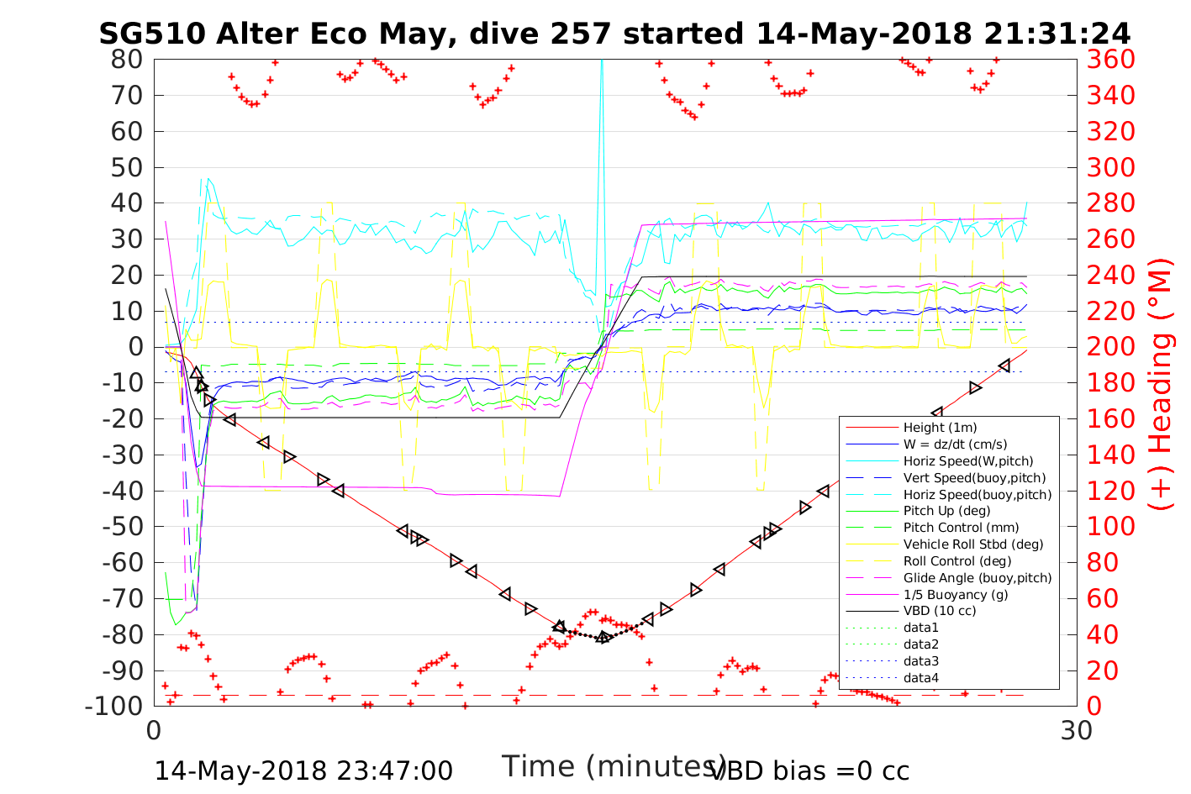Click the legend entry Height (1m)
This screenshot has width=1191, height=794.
(x=940, y=428)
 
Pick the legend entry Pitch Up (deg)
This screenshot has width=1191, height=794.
(x=946, y=511)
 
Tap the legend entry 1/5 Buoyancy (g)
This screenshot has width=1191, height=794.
(x=956, y=594)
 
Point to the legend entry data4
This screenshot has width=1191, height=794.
(x=920, y=678)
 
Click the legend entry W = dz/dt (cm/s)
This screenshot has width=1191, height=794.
(x=955, y=444)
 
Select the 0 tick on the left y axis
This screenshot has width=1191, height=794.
(x=134, y=347)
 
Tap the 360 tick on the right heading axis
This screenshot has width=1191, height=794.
(x=1111, y=60)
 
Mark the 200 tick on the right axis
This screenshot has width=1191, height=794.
(x=1111, y=347)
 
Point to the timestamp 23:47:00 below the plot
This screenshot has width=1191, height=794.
(x=394, y=770)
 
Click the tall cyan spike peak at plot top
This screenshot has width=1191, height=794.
(x=602, y=62)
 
